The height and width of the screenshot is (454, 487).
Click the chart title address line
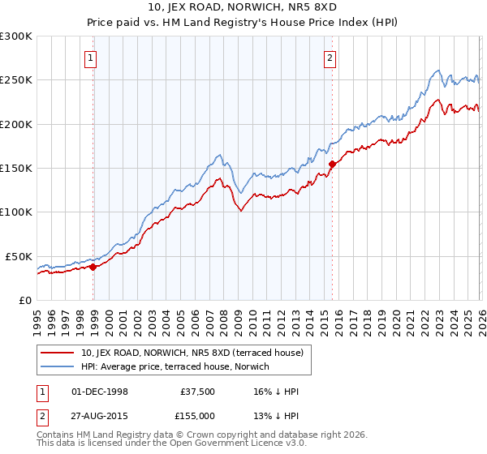pyautogui.click(x=243, y=9)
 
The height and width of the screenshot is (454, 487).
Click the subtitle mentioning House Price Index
pyautogui.click(x=243, y=24)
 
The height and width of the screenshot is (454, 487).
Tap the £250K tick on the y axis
pyautogui.click(x=16, y=80)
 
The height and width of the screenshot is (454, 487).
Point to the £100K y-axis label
pyautogui.click(x=16, y=212)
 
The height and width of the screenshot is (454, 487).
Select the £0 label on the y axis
pyautogui.click(x=24, y=300)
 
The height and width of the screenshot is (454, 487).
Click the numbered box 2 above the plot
pyautogui.click(x=330, y=58)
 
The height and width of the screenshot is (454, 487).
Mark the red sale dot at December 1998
pyautogui.click(x=93, y=267)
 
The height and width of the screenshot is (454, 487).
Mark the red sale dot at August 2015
pyautogui.click(x=332, y=164)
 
